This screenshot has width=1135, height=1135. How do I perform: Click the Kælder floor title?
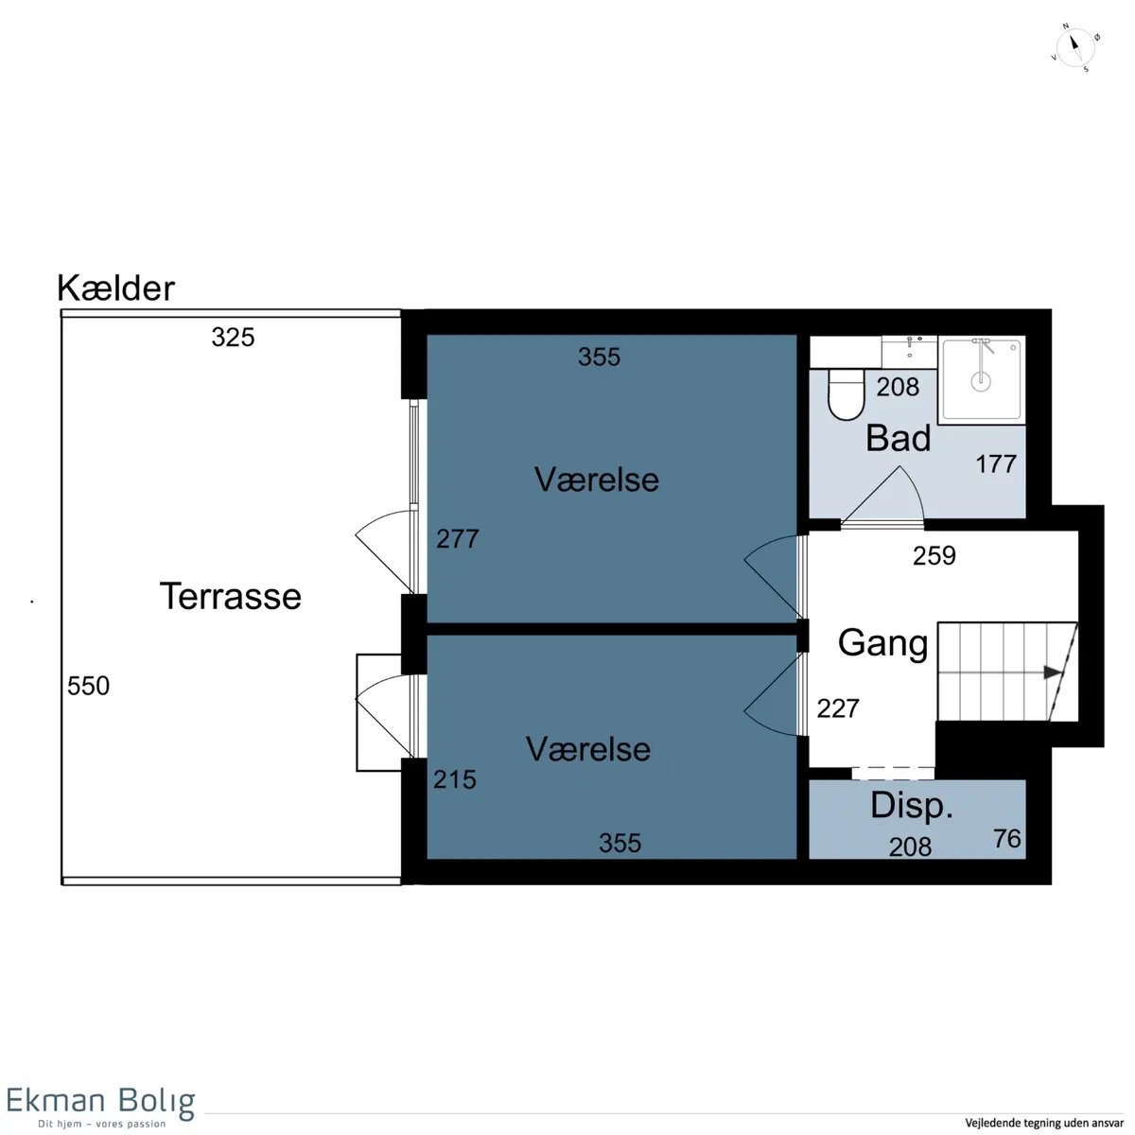pos(116,288)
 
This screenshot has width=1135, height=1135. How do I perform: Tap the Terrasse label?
pos(230,596)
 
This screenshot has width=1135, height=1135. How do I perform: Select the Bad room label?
pos(899,438)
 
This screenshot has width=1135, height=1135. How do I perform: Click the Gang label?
pos(882,644)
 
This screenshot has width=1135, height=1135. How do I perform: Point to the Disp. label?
pos(912,807)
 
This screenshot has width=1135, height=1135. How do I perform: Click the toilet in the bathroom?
pos(846,394)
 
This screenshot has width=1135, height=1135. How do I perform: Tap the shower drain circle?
pos(981,381)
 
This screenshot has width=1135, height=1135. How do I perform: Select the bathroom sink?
pos(909,352)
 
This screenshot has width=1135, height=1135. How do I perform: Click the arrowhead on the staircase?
pos(1052,672)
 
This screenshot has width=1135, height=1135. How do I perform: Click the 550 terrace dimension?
pos(88,686)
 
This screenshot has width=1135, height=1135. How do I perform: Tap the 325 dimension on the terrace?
pos(234,338)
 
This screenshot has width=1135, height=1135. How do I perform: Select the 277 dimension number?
pos(458,539)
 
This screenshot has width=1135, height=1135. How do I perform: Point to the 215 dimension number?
pos(455,779)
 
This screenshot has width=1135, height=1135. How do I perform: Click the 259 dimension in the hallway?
pos(934,556)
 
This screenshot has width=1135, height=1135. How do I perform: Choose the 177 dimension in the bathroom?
pos(997,464)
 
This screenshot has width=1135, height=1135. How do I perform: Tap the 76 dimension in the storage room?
pos(1007,839)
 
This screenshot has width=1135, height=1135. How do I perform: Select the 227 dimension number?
pos(838,708)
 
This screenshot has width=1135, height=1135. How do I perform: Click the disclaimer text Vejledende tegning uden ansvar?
pos(1044,1124)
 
